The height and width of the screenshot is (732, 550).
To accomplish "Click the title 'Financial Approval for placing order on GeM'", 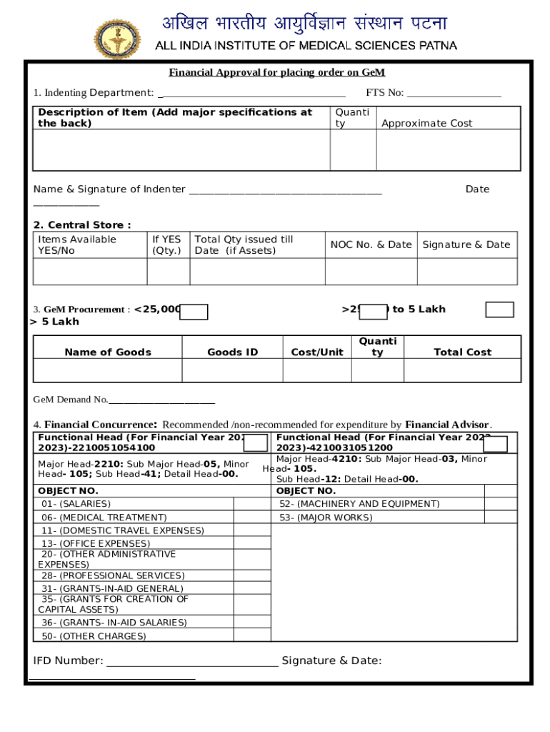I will click(x=276, y=73).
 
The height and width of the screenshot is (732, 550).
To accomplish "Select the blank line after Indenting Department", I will click(x=253, y=94).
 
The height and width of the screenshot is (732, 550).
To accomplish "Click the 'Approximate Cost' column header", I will click(x=426, y=124).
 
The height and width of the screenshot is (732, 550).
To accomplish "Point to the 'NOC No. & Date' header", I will click(x=371, y=244).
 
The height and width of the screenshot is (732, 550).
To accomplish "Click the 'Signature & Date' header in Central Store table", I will click(x=466, y=244).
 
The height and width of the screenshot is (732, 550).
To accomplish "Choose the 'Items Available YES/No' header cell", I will click(x=77, y=244).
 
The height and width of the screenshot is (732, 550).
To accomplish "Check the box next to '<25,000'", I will click(x=194, y=311).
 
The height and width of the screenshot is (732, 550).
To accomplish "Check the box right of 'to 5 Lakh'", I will click(x=499, y=310).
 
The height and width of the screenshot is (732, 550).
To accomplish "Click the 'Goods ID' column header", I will click(x=232, y=352).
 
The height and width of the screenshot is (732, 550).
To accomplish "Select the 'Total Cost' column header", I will click(x=462, y=352).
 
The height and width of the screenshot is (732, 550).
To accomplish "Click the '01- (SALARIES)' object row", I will click(x=76, y=504).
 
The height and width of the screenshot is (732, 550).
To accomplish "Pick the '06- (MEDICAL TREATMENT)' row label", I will click(x=104, y=517).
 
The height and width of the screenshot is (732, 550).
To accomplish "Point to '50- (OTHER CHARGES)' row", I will click(x=94, y=636).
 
